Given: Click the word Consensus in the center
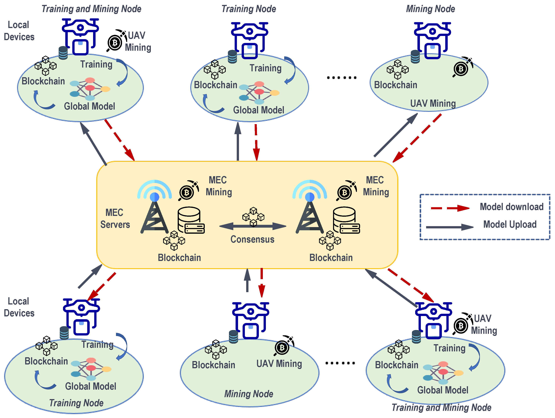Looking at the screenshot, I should point(252,239).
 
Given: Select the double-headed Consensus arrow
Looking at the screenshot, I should point(253,226).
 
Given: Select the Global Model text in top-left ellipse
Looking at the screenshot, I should point(89,106).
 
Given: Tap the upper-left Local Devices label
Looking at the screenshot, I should point(19,31).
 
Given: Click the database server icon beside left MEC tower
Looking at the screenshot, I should point(191,220).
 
